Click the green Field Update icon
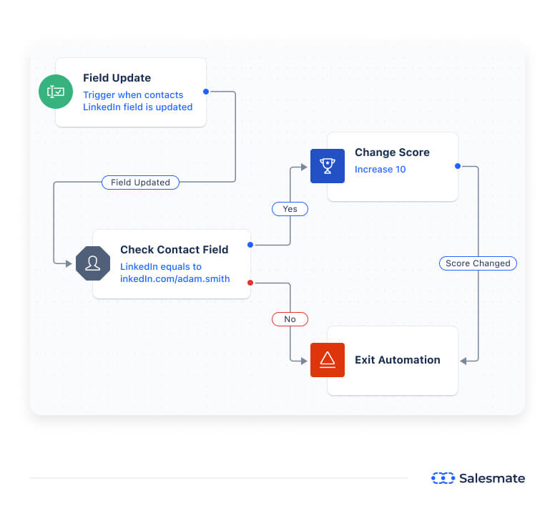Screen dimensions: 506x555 point(56,92)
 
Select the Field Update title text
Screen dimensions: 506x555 point(117,78)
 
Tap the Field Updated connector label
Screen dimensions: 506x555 point(140,183)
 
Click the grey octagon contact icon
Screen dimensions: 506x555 point(93,263)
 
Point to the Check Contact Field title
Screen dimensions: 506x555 point(174,250)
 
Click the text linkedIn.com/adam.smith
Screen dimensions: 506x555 point(175,278)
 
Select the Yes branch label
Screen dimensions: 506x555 point(290,209)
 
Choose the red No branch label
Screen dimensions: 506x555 point(290,319)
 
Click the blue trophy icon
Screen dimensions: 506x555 point(328,166)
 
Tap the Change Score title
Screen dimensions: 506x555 point(392,152)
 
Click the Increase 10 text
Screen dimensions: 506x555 point(380,170)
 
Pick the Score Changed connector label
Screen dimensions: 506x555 point(478,263)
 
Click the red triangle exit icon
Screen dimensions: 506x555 point(328,360)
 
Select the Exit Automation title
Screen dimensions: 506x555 point(397,360)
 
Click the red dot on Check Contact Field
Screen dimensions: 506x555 point(250,283)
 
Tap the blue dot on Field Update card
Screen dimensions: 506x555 point(206,92)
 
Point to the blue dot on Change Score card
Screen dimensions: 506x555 point(458,166)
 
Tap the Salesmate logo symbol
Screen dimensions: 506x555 point(443,478)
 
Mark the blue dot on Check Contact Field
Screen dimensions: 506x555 point(250,245)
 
